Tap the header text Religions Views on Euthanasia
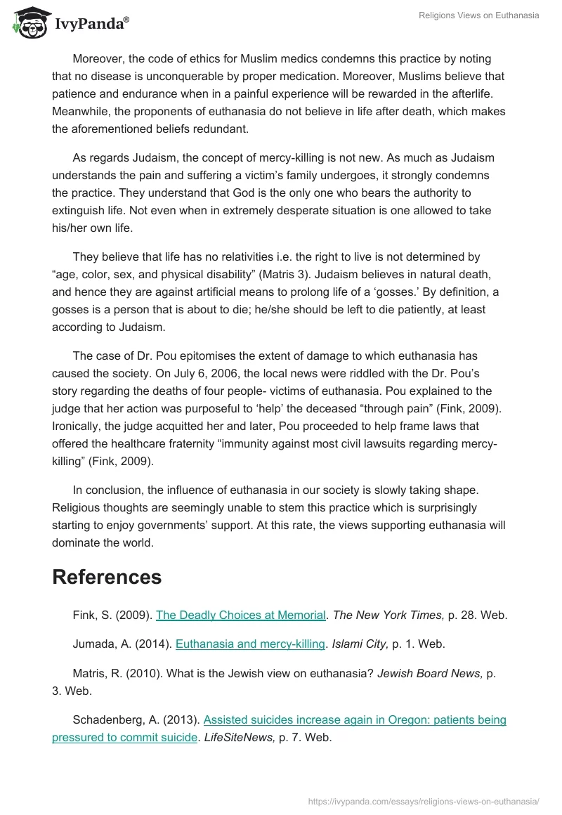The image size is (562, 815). coord(479,15)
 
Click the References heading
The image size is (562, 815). coord(107,577)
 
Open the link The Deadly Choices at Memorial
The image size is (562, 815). coord(241,615)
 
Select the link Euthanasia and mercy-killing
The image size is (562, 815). coord(250,643)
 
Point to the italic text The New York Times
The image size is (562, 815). coord(386,615)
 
